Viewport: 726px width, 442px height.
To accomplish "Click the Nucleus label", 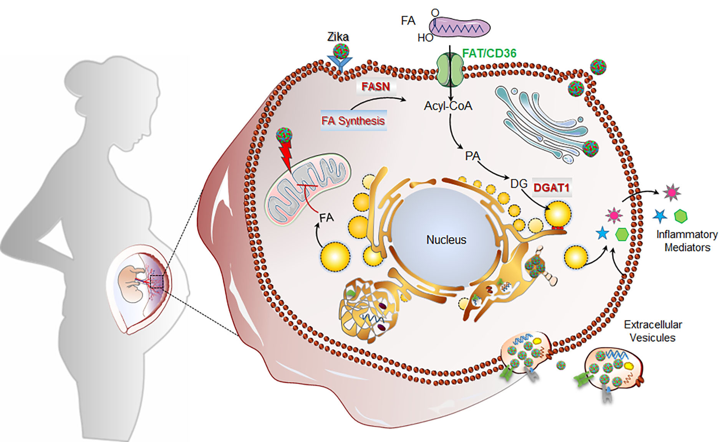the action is (x=446, y=240).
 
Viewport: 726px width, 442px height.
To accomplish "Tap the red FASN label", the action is (x=376, y=86).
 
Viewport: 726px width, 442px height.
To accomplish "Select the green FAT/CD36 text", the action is (x=489, y=53).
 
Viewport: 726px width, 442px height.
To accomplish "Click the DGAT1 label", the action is (x=551, y=188).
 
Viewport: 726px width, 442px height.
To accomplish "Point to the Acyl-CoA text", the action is (x=448, y=106).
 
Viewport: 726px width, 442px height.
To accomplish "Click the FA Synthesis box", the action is (x=353, y=120).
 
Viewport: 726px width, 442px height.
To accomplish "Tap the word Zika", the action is (x=338, y=37).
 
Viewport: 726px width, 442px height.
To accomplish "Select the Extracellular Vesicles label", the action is (x=653, y=331).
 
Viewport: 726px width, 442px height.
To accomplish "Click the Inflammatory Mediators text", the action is (x=687, y=241).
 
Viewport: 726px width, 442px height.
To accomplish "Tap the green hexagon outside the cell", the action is (x=681, y=216).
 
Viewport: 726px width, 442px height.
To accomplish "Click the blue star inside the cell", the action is (x=602, y=233).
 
